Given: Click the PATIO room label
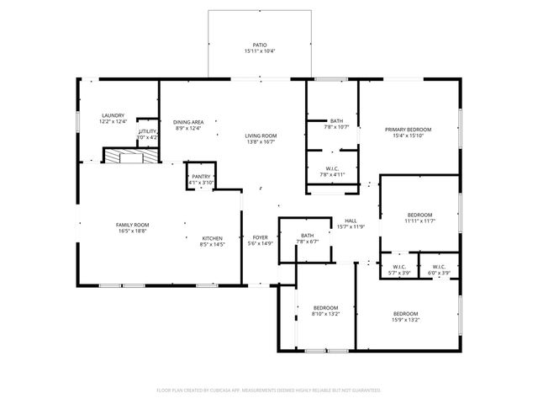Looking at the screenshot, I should [261, 45].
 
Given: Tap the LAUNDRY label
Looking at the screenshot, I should [113, 115].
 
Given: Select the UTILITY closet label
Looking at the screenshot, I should [148, 131].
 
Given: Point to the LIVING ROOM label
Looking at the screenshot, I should [261, 136].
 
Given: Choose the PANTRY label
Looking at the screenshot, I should [200, 177].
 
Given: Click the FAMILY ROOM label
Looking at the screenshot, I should [132, 225].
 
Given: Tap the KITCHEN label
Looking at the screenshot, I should [212, 238].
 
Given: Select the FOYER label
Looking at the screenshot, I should [261, 238].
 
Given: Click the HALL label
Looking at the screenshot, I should [351, 221].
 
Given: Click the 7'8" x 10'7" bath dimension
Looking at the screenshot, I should [336, 127].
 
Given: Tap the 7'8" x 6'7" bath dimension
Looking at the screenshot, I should [307, 242].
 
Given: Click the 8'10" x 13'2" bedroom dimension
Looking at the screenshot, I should [325, 314].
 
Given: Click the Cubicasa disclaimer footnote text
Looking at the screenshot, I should [269, 391].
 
